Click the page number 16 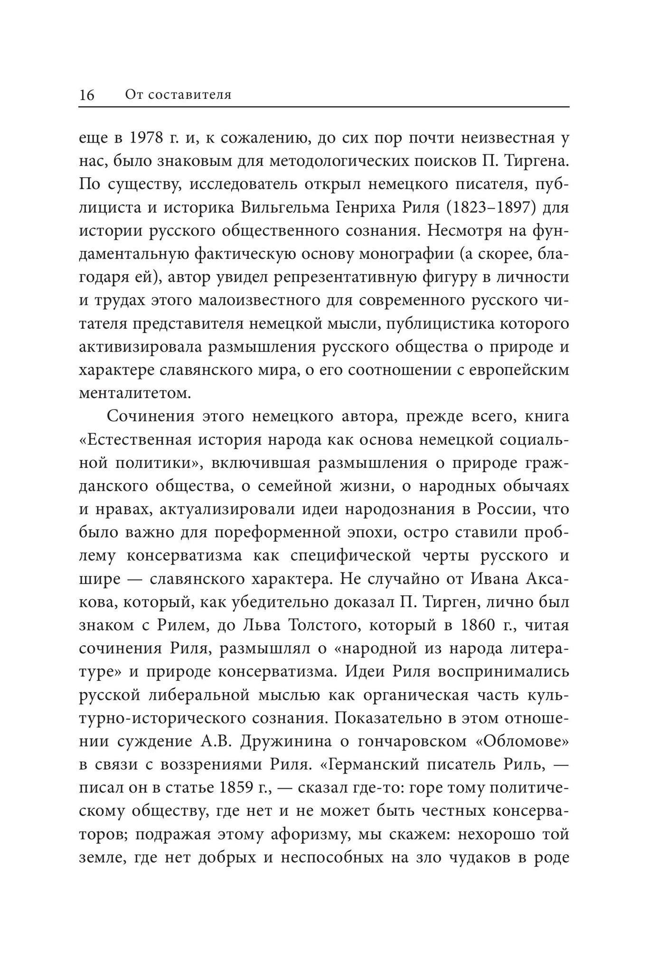click(87, 95)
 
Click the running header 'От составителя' click(178, 95)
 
